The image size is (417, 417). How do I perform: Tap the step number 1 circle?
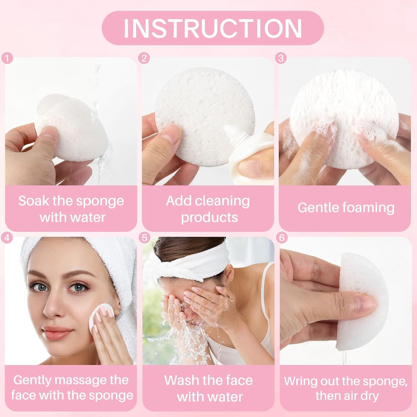click(x=7, y=58)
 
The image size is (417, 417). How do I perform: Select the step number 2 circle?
click(x=144, y=58)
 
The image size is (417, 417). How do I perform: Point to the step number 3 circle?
click(x=281, y=58)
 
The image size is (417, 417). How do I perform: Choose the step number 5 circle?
click(x=144, y=238)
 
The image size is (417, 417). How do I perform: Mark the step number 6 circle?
click(x=282, y=238)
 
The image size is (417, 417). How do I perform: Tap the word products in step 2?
click(x=210, y=217)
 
